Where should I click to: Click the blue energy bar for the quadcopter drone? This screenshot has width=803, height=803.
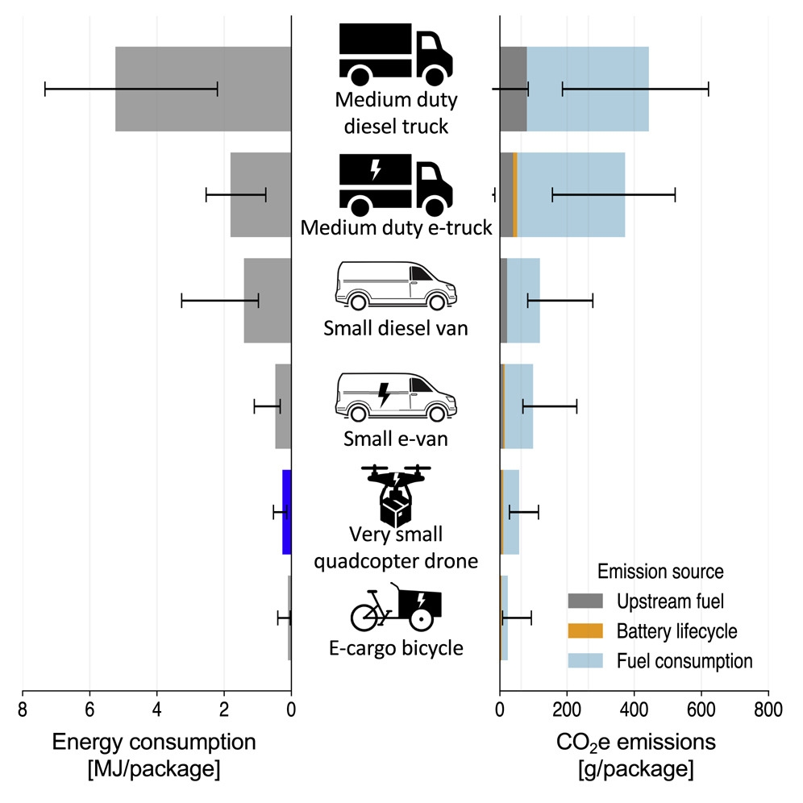click(x=286, y=511)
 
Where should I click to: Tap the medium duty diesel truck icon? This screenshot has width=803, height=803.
click(x=395, y=53)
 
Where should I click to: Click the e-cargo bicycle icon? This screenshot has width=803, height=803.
click(x=396, y=607)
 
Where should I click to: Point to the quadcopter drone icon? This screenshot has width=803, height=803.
click(x=395, y=493)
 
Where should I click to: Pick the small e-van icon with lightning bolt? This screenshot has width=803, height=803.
click(x=395, y=396)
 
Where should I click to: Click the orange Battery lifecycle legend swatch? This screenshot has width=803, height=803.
click(x=585, y=630)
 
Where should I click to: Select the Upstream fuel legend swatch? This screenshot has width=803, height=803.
click(x=585, y=601)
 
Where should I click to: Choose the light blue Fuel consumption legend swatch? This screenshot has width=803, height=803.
click(x=585, y=661)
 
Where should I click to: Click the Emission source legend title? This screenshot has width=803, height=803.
click(x=660, y=571)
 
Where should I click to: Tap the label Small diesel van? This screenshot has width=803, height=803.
click(x=395, y=328)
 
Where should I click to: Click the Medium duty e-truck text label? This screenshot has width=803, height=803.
click(x=396, y=228)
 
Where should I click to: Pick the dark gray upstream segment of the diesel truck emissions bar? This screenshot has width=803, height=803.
click(x=513, y=89)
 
